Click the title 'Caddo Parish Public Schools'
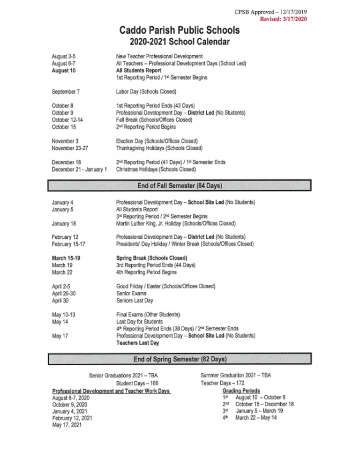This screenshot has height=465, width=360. tap(180, 31)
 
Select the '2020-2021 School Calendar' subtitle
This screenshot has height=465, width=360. tap(180, 43)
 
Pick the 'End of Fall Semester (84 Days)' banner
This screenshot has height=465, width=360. tap(180, 186)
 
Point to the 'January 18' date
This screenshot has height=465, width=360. tap(65, 223)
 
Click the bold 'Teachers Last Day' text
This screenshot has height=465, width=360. tap(137, 343)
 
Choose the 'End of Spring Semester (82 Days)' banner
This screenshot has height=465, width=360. tap(180, 360)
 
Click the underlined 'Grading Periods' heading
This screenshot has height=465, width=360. tap(241, 391)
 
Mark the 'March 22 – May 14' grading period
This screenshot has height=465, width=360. tap(256, 418)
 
